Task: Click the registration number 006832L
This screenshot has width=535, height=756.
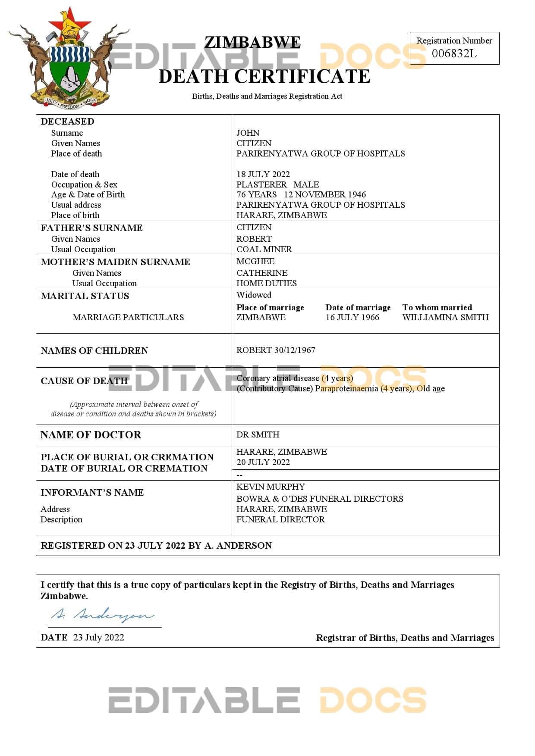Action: coord(454,53)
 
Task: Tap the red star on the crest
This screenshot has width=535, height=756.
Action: coord(69,22)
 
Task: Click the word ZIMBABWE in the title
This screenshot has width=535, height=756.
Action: coord(252,42)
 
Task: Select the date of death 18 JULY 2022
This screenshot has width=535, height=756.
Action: coord(263,174)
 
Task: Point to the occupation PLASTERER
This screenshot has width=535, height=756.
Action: coord(261,184)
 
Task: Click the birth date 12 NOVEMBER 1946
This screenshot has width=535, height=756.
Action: coord(324,195)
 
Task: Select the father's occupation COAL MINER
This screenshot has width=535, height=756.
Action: coord(264,249)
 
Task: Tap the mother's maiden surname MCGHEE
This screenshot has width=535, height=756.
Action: coord(255,261)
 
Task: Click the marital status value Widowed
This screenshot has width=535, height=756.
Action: coord(254,295)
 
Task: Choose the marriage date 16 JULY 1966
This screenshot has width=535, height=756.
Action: coord(352,317)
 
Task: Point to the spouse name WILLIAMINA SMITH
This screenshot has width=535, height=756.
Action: coord(445,317)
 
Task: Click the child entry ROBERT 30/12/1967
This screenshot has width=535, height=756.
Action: coord(276,350)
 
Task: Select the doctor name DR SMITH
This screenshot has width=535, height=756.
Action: coord(258,434)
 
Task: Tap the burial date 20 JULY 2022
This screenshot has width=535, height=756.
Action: coord(263,462)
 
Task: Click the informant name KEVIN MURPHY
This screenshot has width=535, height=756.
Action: coord(271,487)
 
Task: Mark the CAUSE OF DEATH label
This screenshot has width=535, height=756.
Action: coord(84,381)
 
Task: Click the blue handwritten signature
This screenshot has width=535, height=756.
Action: coord(103,615)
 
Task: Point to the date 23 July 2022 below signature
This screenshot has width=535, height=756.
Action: coord(98,637)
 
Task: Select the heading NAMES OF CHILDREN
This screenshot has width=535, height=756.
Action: coord(94,350)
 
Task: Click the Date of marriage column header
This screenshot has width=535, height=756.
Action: coord(358,307)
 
